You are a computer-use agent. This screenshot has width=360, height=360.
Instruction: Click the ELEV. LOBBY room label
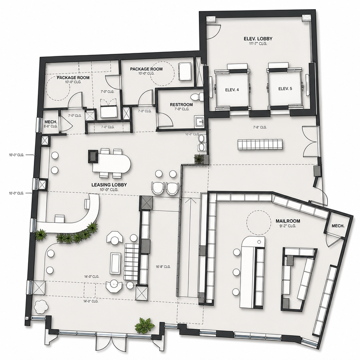pos(258,38)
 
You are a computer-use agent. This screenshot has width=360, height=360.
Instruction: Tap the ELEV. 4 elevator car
pos(232,90)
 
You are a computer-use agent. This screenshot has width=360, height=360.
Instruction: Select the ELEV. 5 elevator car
pos(285,89)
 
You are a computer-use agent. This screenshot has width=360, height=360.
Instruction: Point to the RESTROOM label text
pos(181,105)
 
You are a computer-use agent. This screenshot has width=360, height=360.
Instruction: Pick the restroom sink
pos(199,121)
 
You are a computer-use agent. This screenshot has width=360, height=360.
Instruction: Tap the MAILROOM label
pos(288,221)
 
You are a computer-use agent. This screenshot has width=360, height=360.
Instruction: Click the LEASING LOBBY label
pos(109,185)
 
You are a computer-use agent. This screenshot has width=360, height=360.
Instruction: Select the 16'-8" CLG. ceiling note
pos(163,267)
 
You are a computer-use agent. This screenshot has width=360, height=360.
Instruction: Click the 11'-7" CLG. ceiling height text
pos(258,44)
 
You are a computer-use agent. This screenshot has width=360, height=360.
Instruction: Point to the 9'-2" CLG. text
pos(288,226)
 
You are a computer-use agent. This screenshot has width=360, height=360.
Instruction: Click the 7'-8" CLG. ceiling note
pos(260,127)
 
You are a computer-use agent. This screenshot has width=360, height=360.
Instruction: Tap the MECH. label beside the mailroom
pos(338,226)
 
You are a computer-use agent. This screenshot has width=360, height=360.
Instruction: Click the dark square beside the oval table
pos(93,157)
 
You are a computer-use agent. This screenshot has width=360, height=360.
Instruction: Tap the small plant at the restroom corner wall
pos(199,159)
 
